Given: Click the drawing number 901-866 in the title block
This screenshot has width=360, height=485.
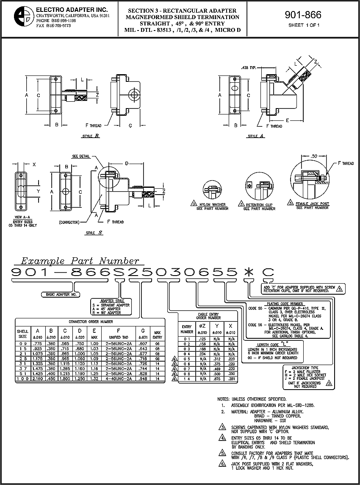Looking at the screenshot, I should click(303, 15).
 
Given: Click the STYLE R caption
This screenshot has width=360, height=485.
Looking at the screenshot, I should click(91, 136).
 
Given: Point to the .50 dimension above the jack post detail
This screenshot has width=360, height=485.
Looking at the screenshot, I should click(313, 156).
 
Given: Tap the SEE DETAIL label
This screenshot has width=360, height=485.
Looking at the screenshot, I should click(81, 156).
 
